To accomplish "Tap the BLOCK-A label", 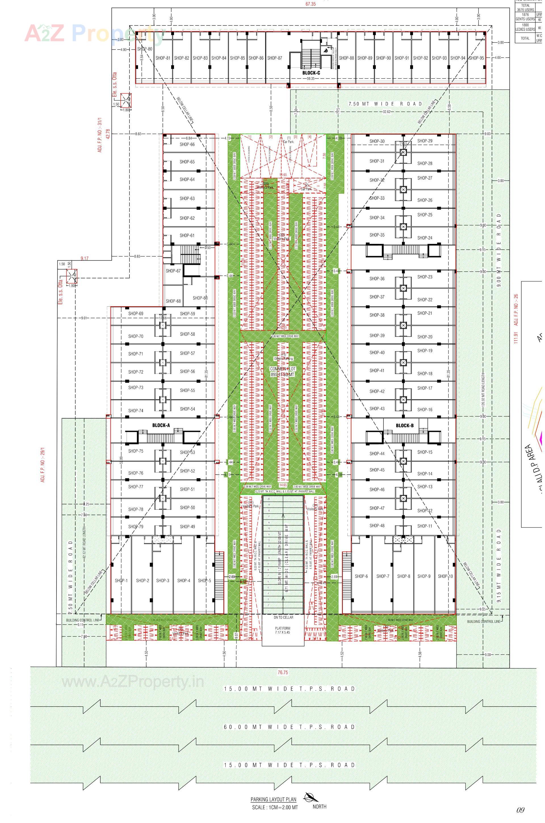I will [x=161, y=425].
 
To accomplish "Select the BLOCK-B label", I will [x=404, y=425].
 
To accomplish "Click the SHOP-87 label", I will [x=274, y=58].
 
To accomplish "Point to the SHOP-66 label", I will [x=187, y=144].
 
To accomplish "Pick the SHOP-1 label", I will [x=121, y=580].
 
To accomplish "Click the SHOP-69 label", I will [x=136, y=314].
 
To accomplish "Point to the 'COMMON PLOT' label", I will [x=283, y=368].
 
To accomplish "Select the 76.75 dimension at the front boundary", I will [x=283, y=672].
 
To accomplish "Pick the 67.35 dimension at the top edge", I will [x=310, y=4].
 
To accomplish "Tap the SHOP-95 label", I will [x=476, y=58].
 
